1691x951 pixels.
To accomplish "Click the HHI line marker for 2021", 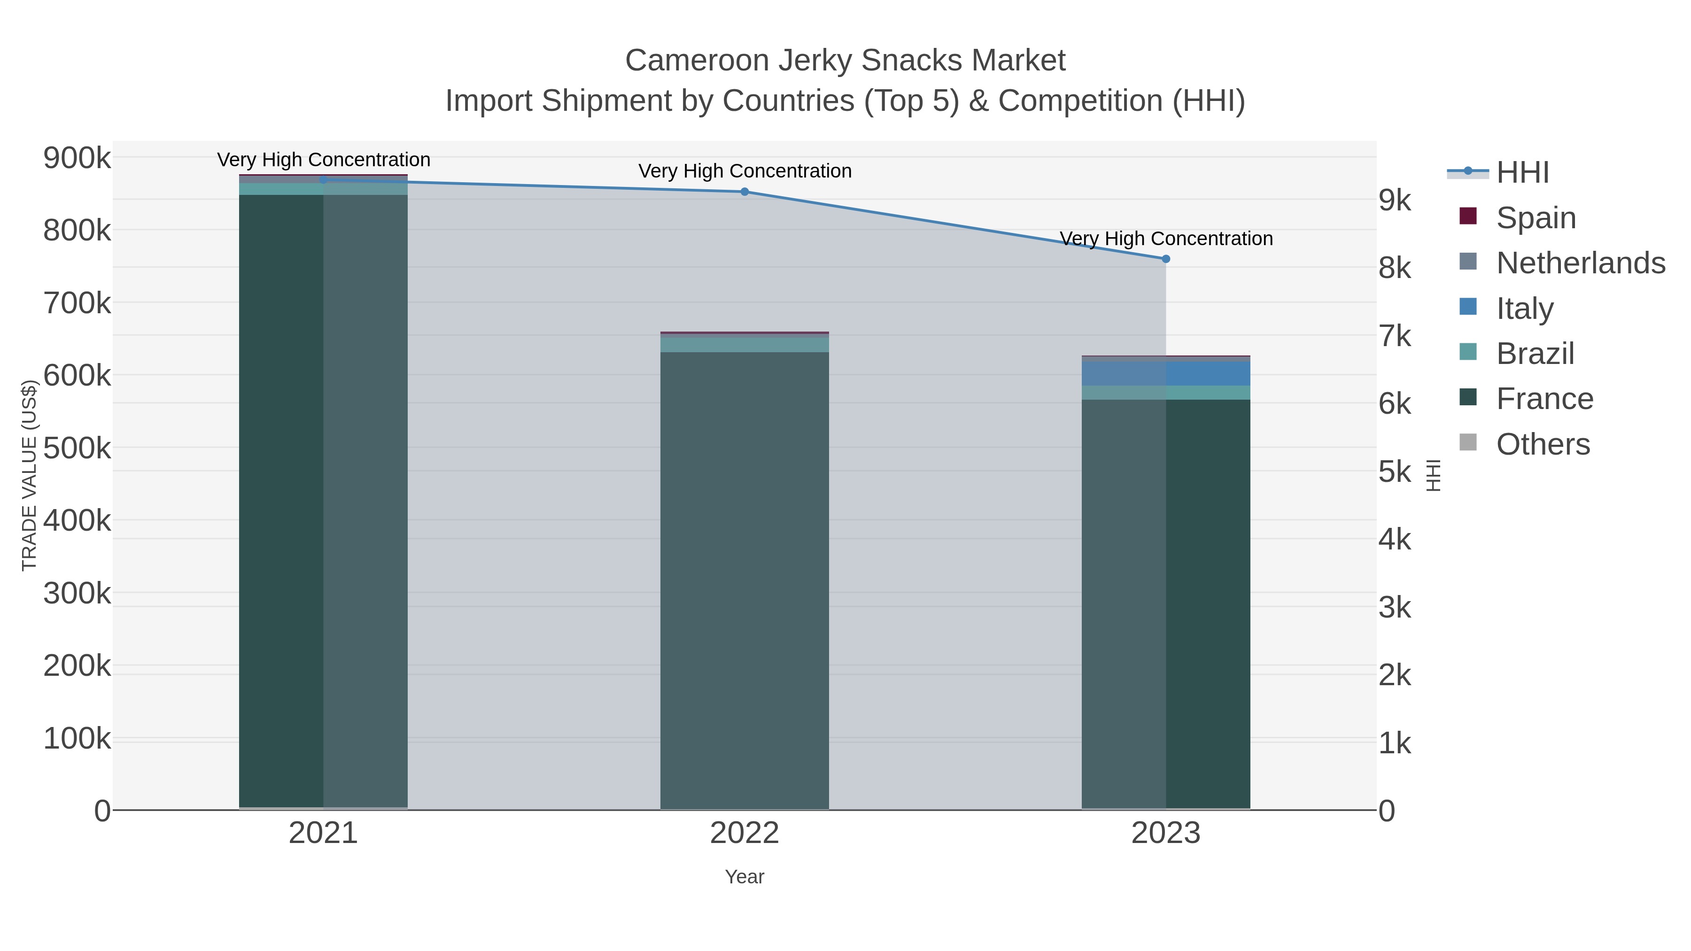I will pos(323,180).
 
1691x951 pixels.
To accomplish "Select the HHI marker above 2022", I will pos(745,192).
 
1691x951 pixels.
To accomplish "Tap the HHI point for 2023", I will pos(1166,259).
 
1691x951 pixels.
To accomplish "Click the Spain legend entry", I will pos(1536,217).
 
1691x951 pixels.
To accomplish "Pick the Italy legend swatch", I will pos(1468,307).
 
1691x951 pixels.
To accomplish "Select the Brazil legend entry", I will pos(1535,353).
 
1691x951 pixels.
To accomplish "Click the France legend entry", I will pos(1544,398).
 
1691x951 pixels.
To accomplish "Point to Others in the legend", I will pos(1543,444).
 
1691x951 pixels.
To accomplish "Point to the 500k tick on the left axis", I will pos(77,448).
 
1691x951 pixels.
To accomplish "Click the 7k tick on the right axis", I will pos(1394,336).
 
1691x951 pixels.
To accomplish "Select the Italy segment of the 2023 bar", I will pos(1166,373).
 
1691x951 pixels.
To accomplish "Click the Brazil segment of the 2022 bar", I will pos(745,344).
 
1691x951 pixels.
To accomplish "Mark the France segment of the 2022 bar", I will pos(745,578).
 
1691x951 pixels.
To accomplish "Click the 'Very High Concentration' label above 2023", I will pos(1166,238).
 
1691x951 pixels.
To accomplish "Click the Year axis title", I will pos(745,877).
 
